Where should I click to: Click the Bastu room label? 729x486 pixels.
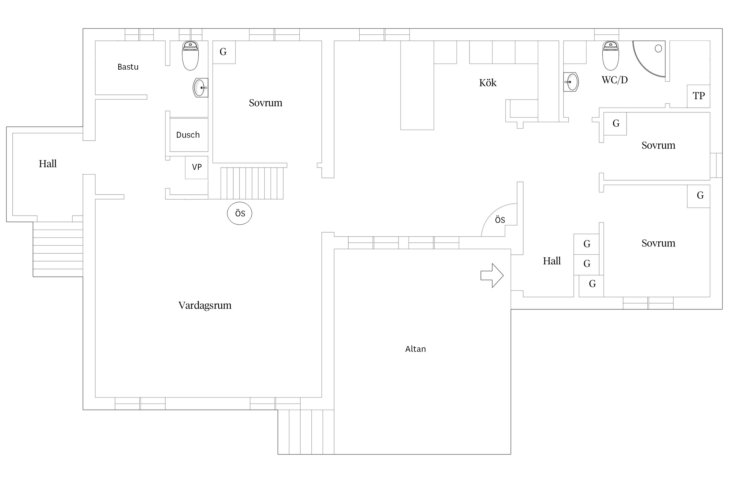point(128,67)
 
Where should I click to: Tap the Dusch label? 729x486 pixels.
point(188,135)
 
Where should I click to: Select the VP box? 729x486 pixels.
point(197,168)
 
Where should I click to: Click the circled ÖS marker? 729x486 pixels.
point(239,213)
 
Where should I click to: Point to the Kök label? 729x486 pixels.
point(488,83)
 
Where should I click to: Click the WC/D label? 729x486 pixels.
point(615,80)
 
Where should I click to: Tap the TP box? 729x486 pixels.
point(699,96)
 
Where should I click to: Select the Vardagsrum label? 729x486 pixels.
point(205,306)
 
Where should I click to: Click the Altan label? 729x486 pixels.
point(415,349)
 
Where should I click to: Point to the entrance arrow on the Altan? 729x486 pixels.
point(492,275)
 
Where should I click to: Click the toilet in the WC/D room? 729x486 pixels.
point(610,56)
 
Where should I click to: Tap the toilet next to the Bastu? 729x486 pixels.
point(190,56)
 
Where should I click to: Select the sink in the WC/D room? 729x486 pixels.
point(571,82)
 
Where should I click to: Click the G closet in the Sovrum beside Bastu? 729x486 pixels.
point(224,52)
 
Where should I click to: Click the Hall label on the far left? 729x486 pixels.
point(48,164)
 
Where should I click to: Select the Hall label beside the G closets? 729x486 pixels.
point(552,261)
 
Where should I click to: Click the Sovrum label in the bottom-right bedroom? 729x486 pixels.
point(658,243)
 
